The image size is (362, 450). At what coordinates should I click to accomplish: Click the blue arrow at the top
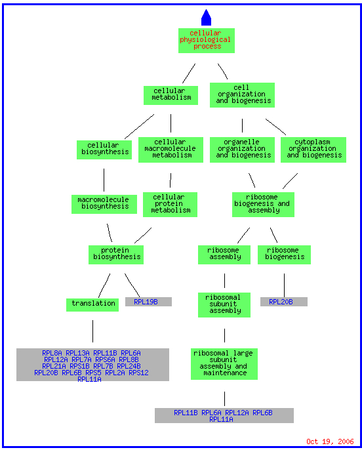click(206, 18)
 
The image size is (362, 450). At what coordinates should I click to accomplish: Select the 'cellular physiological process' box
click(207, 41)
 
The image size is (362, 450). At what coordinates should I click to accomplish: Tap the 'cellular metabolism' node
click(171, 95)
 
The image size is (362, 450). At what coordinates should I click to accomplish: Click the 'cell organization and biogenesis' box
click(242, 95)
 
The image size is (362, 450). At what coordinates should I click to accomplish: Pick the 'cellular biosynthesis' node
click(104, 150)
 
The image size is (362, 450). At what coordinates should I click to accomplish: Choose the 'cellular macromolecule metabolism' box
click(171, 150)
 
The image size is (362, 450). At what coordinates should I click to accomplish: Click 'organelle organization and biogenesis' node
click(242, 150)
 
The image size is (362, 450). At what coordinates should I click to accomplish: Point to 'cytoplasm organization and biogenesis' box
click(313, 150)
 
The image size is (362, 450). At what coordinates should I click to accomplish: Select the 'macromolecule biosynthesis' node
click(104, 205)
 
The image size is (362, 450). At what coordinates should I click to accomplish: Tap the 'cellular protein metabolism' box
click(170, 205)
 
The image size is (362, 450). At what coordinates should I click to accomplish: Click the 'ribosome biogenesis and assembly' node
click(263, 205)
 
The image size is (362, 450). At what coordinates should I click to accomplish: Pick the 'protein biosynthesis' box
click(116, 255)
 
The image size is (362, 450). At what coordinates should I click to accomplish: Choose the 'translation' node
click(92, 305)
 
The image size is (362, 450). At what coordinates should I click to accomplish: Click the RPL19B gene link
click(146, 302)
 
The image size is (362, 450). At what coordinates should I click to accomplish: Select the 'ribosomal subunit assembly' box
click(224, 305)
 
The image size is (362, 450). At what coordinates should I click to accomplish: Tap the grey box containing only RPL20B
click(284, 302)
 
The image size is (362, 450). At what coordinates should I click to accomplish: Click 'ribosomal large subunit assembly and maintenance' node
click(224, 364)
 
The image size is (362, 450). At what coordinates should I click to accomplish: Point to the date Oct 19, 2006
click(330, 441)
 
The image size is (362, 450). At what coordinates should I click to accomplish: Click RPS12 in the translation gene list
click(138, 373)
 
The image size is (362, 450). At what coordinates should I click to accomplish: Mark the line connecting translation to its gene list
click(92, 331)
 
